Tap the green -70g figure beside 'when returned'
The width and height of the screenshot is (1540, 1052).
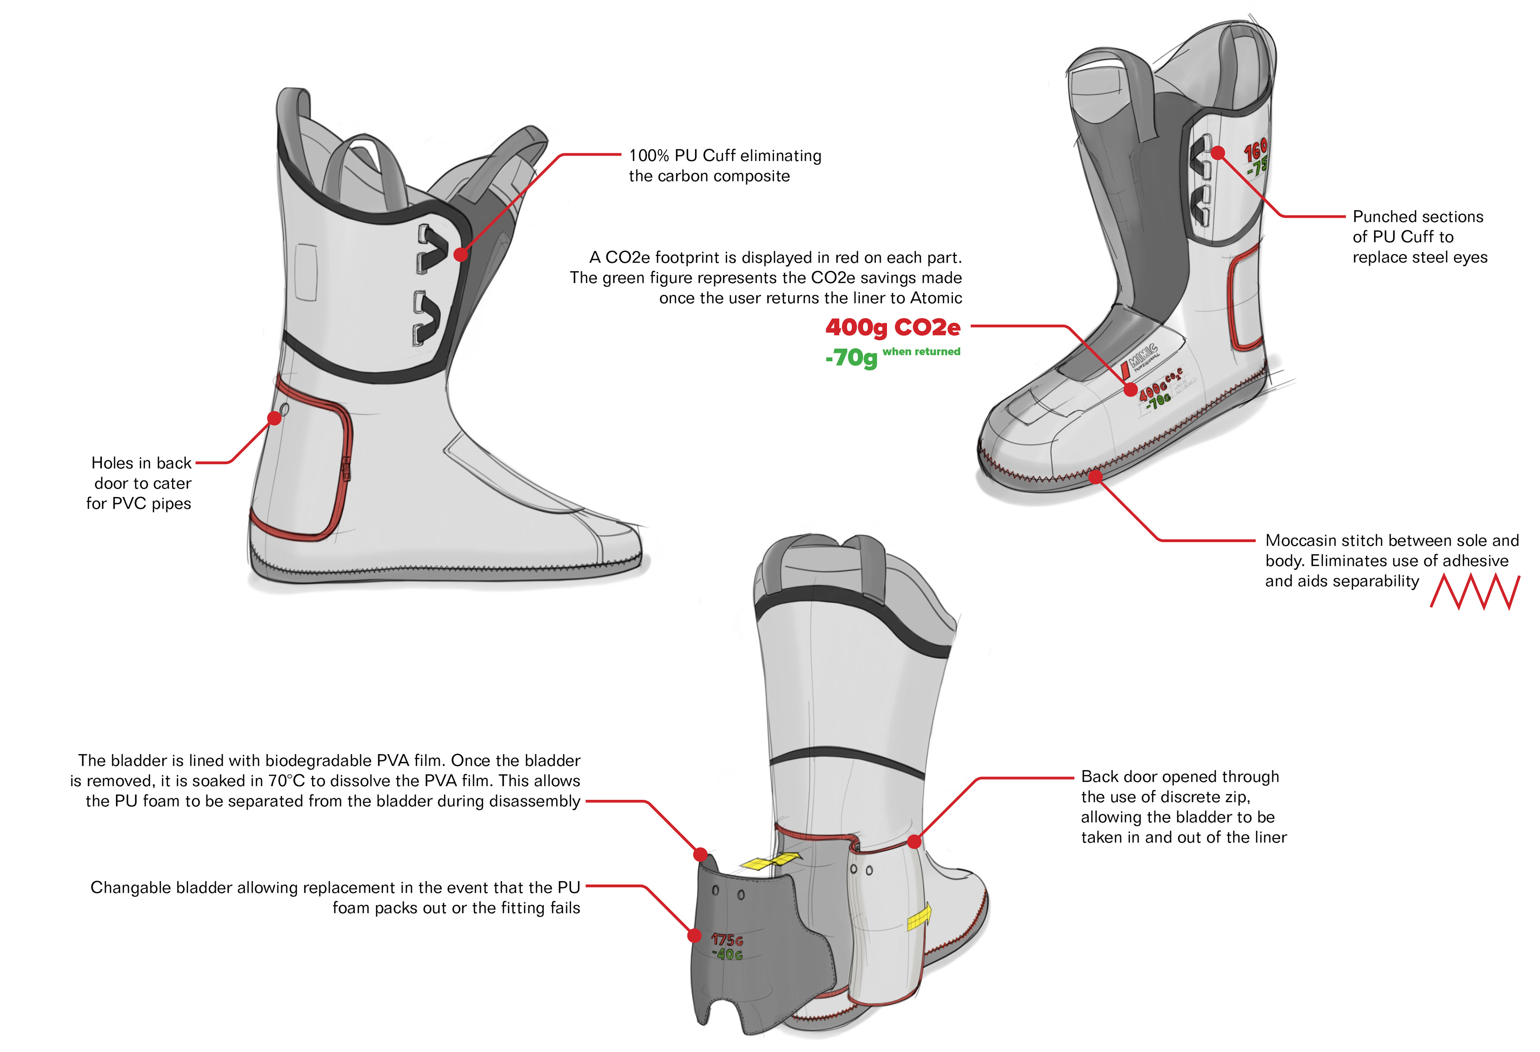(x=851, y=358)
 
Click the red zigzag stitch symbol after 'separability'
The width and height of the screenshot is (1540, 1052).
(x=1474, y=592)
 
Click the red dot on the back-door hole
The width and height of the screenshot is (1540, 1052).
(x=274, y=418)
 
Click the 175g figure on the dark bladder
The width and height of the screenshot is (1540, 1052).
(x=727, y=940)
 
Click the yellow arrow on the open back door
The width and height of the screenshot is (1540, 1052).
(x=920, y=917)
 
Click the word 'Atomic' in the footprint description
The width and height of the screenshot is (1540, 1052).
(x=936, y=298)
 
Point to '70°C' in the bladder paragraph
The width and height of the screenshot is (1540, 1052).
(x=287, y=781)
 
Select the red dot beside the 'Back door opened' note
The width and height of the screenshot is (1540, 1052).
(x=914, y=842)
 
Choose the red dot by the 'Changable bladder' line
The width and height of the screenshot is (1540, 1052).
(x=694, y=935)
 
